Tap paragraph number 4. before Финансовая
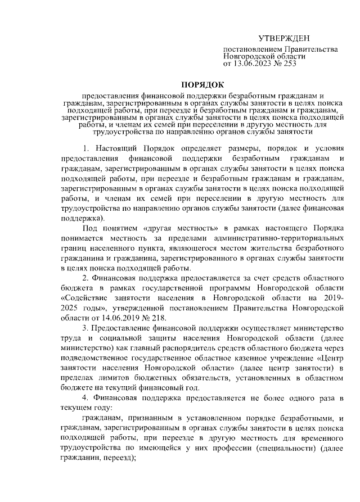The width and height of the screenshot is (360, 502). tap(86, 399)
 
